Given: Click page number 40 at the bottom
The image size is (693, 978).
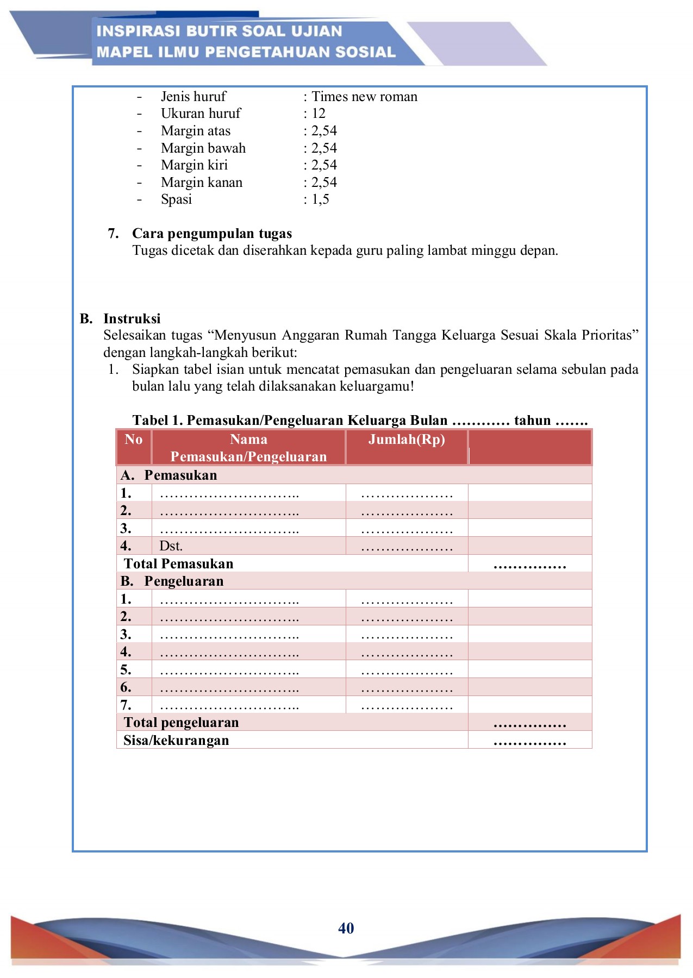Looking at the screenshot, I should coord(346,928).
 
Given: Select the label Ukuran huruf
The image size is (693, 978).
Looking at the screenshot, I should coord(201,114).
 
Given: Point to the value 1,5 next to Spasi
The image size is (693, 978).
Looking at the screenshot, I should coord(320,199).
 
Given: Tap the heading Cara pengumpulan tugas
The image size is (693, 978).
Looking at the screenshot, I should coord(212,234).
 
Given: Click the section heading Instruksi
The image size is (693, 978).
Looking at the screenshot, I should coord(132,318).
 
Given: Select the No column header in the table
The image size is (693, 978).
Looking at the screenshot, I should coord(133,440).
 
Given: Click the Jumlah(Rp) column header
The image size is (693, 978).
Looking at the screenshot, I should coord(407,440).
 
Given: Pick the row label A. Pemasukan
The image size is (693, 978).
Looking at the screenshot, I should coord(169,475).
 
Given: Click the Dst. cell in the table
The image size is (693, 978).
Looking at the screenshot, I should coord(171,546).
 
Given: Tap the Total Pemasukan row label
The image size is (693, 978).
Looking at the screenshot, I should coord(178,564).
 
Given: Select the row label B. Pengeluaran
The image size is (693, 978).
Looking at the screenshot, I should coord(172,581).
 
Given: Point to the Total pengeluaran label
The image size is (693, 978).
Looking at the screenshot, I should coord(181,723).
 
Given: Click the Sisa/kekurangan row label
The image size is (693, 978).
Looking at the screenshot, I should coord(176,741).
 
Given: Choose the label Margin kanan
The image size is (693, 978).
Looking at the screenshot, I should coord(202,183).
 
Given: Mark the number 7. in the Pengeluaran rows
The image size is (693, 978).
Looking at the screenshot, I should coord(126,705).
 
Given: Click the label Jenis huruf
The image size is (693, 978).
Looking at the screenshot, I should coord(193,97).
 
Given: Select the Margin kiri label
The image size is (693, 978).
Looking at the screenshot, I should coord(194,165).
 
